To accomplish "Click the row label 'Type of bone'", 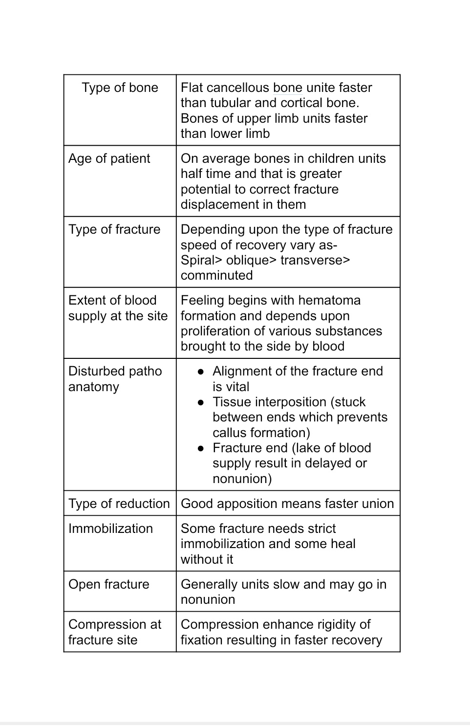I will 120,88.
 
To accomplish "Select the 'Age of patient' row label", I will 109,158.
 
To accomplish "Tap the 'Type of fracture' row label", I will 114,229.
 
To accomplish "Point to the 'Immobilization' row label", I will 110,529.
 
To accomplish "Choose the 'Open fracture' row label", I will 108,584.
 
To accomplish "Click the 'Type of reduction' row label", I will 119,504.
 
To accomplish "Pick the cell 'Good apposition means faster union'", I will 287,504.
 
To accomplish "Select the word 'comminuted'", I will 216,275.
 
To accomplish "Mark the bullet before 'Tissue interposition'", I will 200,402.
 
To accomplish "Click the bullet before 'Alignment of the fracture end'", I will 200,372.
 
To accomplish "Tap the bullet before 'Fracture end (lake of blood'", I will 200,448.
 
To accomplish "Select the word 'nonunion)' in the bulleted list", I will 242,479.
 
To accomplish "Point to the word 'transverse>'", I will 315,260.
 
